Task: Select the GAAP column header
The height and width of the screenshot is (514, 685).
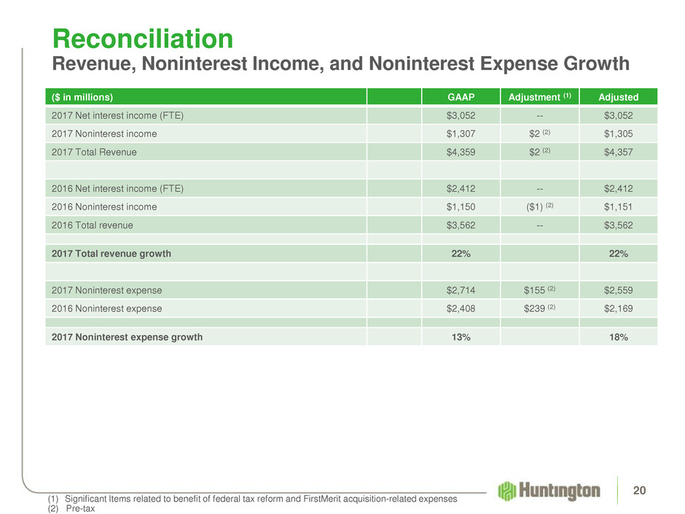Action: point(460,97)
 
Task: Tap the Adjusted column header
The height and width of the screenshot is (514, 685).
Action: point(618,97)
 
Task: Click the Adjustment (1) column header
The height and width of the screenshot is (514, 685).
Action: point(538,97)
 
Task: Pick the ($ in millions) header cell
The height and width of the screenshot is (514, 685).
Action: point(82,97)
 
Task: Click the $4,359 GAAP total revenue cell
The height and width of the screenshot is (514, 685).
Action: point(460,152)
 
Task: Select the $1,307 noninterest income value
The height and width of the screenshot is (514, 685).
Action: point(460,134)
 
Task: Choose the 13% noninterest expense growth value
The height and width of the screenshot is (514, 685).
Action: point(460,337)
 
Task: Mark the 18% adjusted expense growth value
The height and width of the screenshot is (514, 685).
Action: point(618,337)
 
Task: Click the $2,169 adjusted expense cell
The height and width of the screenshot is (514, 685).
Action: point(618,308)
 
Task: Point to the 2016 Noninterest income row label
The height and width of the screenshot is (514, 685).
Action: point(103,207)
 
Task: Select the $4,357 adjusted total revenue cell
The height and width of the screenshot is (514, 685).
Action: point(618,152)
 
